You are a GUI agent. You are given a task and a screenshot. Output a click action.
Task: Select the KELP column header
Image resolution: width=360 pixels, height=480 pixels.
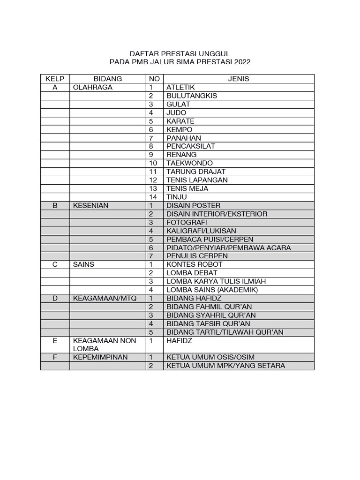pos(55,79)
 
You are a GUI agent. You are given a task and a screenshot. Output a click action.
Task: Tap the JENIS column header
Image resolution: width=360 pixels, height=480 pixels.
pos(239,79)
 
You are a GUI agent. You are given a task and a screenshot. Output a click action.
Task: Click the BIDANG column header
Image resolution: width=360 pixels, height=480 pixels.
pos(108,79)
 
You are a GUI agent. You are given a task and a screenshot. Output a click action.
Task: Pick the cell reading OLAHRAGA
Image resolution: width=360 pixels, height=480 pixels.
pos(93,87)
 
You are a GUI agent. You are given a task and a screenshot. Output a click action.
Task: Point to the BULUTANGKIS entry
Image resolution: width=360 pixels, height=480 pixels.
pos(192,96)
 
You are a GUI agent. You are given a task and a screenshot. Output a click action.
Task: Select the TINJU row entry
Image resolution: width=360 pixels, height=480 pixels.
pos(177,197)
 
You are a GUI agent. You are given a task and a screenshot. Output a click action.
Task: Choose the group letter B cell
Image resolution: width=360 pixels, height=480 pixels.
pos(55,205)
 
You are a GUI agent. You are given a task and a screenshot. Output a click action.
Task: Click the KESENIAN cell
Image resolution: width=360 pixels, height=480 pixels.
pos(91,205)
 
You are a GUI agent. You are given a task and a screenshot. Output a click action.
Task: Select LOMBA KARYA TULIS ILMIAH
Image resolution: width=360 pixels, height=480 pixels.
pos(216,281)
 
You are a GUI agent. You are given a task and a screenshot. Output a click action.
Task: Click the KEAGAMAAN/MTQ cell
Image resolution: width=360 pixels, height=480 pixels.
pos(101,298)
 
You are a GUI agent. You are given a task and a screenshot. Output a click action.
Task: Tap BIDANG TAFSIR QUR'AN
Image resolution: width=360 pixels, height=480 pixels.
pos(208,323)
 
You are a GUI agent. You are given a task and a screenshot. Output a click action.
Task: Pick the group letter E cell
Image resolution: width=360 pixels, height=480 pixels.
pos(55,341)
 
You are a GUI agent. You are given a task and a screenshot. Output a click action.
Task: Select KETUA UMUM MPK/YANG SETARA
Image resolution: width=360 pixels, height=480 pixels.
pos(225,366)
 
